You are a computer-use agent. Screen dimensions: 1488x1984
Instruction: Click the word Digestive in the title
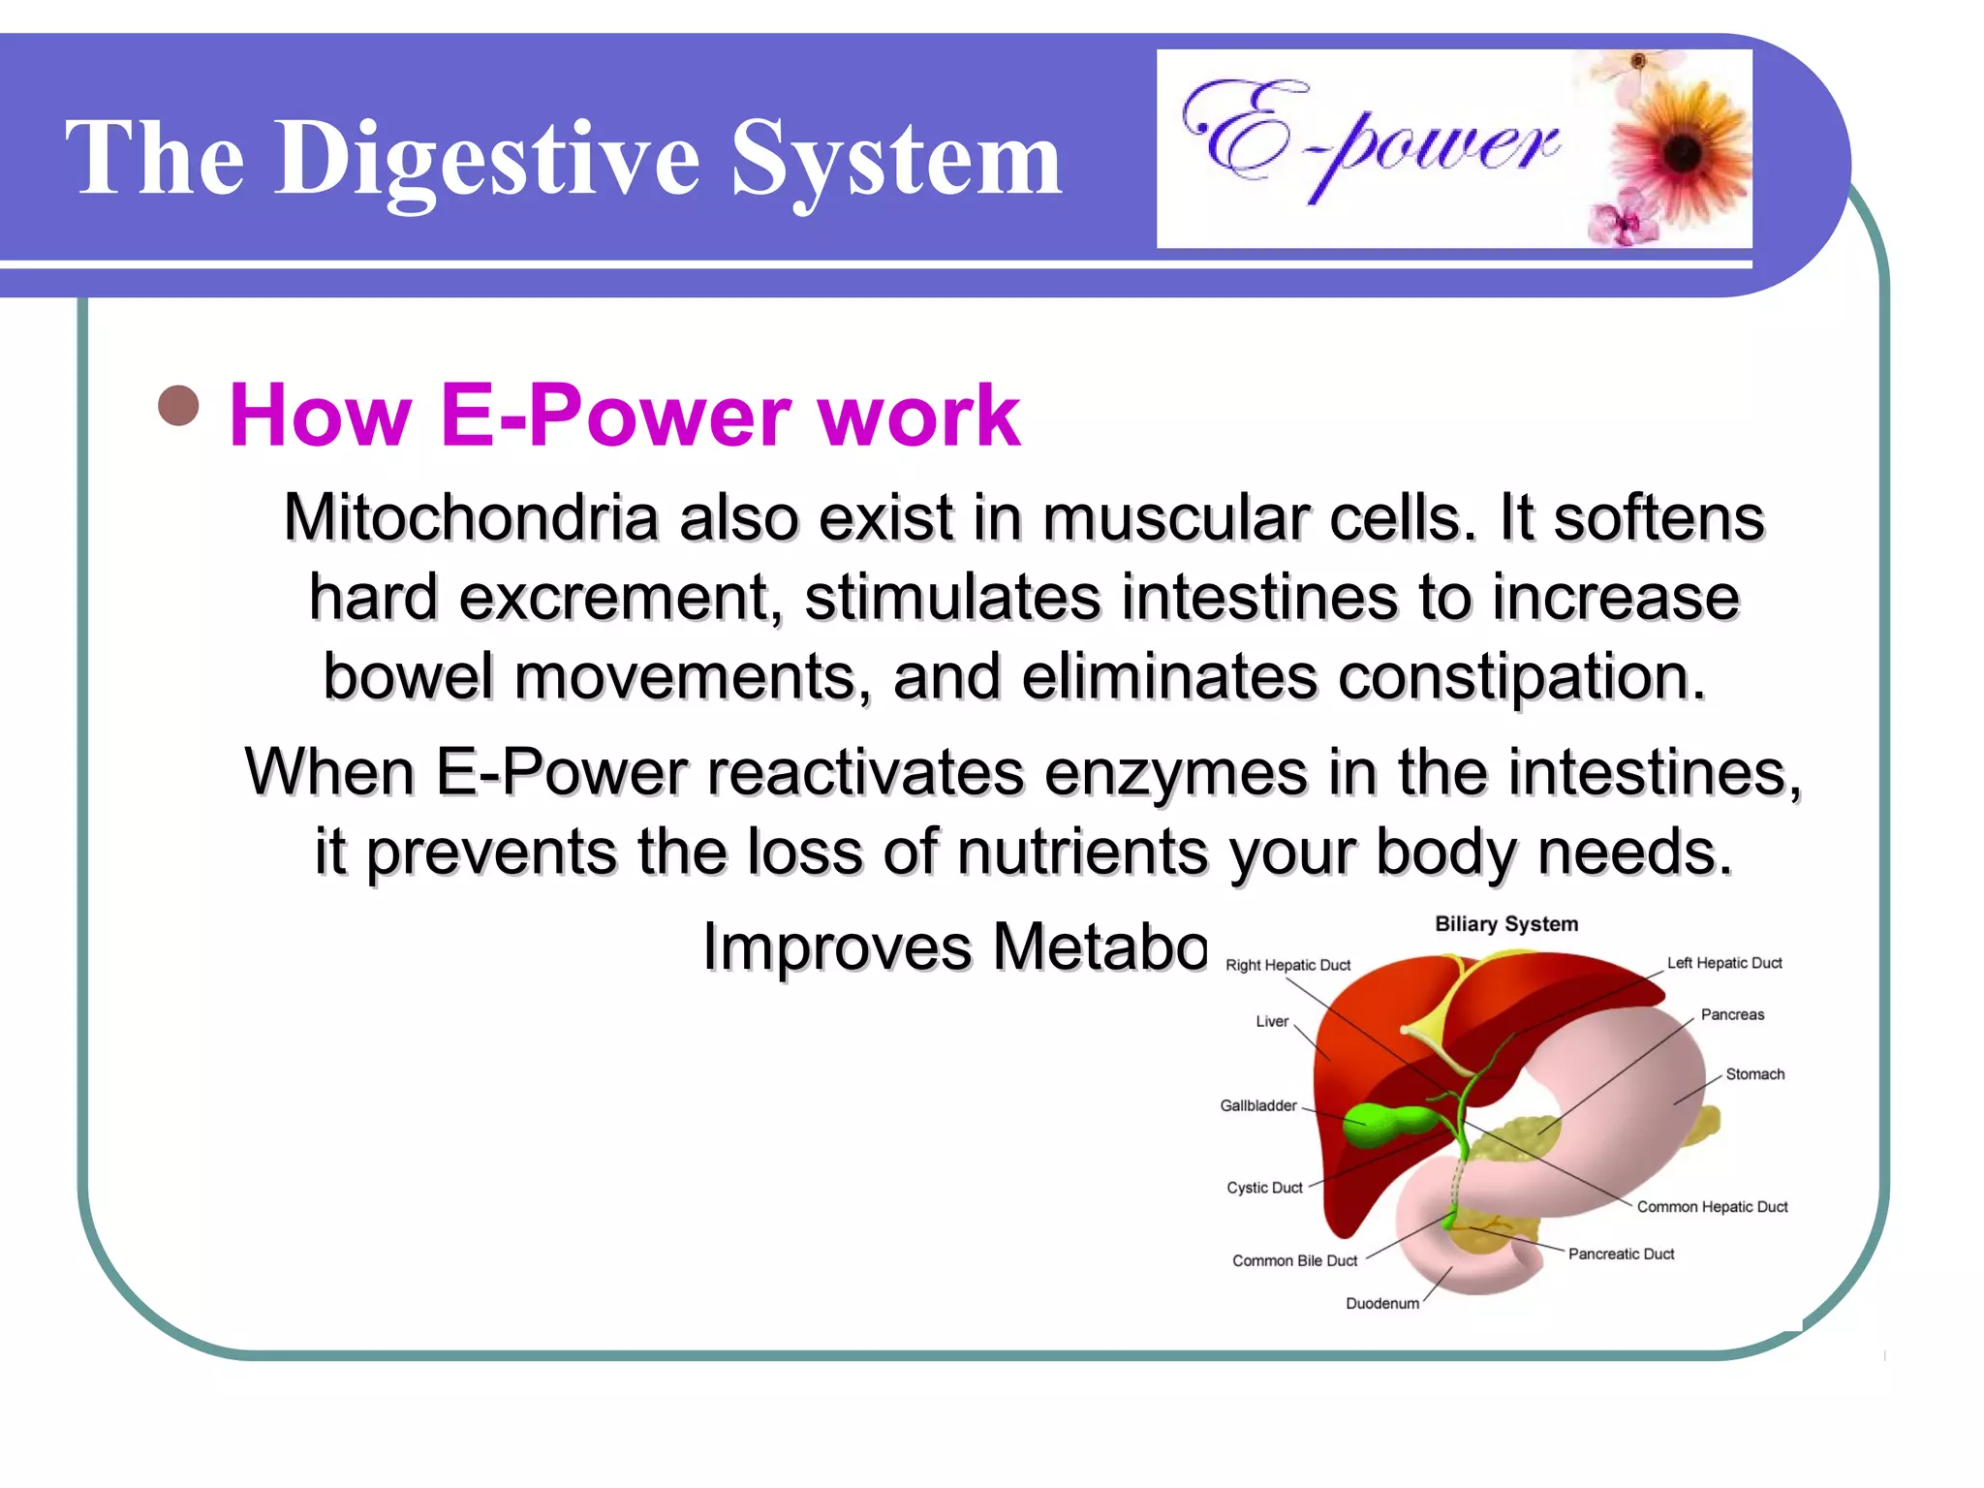[487, 159]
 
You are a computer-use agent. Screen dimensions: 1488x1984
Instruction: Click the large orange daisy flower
[1681, 151]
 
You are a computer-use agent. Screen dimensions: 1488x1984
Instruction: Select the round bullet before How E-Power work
[178, 406]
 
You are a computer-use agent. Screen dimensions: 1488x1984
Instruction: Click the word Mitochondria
[471, 517]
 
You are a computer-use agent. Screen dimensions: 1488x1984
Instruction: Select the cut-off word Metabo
[1099, 945]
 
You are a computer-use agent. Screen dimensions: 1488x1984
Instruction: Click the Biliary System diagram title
[1505, 924]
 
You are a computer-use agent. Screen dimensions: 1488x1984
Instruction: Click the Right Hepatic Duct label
[1287, 965]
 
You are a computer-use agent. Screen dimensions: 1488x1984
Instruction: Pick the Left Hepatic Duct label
[1723, 963]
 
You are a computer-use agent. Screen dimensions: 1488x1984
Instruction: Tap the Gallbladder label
[1257, 1105]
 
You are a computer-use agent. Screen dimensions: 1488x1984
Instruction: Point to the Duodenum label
[1381, 1304]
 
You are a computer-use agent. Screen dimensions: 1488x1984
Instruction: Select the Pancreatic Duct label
[1621, 1254]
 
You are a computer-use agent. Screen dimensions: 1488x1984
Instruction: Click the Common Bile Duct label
[1294, 1260]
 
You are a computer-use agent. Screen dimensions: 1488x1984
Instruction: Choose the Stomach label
[1754, 1074]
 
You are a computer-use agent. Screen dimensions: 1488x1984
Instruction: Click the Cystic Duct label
[1264, 1188]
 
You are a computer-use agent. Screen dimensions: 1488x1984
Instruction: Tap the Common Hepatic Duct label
[1712, 1207]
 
